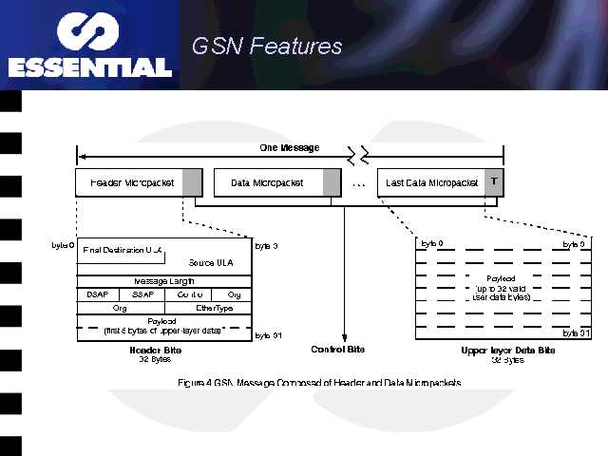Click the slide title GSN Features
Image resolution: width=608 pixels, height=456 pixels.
click(266, 46)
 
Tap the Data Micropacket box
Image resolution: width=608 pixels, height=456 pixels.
click(267, 182)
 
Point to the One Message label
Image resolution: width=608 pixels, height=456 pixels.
click(290, 147)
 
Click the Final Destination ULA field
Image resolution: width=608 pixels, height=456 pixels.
click(123, 250)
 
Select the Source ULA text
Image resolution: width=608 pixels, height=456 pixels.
click(212, 262)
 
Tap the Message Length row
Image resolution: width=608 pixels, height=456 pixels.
click(164, 281)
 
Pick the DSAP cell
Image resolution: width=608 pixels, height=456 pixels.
click(98, 294)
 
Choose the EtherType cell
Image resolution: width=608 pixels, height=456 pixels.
click(214, 308)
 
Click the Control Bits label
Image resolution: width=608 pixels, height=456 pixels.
click(338, 350)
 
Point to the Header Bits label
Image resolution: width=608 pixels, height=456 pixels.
click(154, 350)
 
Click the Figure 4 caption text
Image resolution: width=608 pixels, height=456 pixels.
click(319, 382)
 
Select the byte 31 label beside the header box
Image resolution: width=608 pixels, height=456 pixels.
click(267, 335)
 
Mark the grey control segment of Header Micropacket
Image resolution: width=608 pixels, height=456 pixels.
click(192, 182)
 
